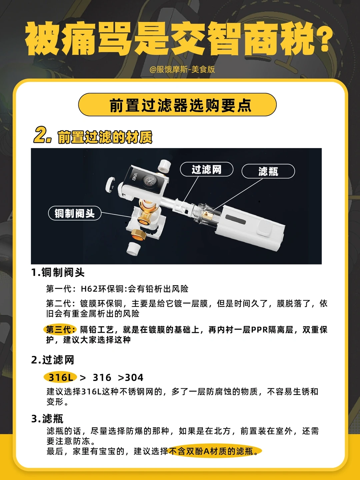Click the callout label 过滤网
tap(207, 169)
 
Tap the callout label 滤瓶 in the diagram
tap(268, 171)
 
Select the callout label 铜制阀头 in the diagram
tap(75, 213)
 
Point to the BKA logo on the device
tap(135, 177)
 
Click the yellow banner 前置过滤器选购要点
tap(177, 105)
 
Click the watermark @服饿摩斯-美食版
tap(182, 69)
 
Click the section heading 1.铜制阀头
tap(58, 273)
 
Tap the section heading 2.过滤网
tap(53, 360)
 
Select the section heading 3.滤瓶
tap(47, 419)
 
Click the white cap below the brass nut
tap(133, 248)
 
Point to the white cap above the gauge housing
tap(164, 166)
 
